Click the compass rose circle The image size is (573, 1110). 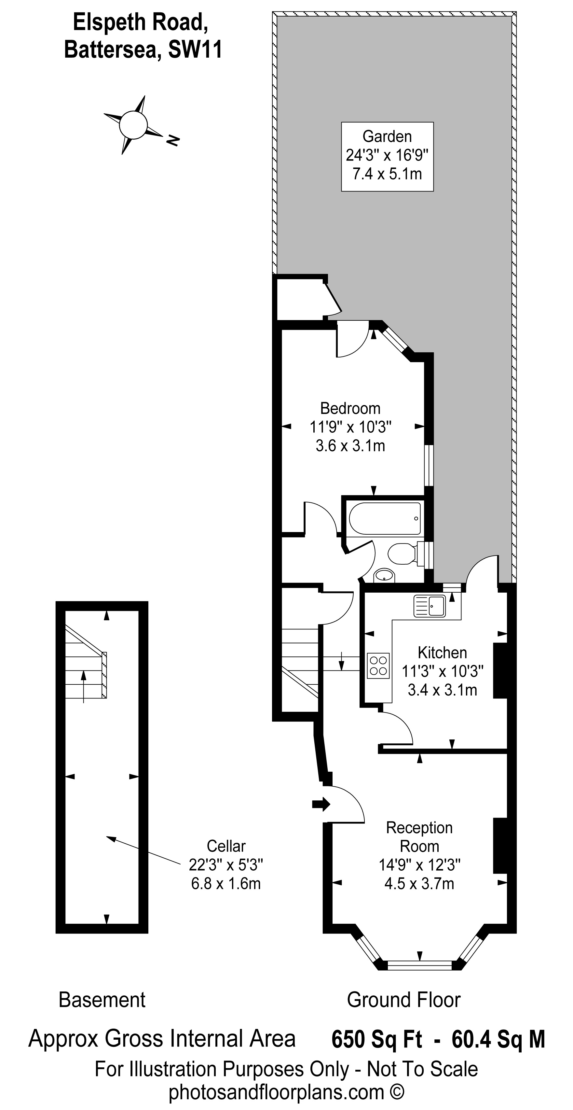click(133, 125)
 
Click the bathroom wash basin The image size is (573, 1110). click(384, 575)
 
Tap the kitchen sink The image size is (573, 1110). click(430, 606)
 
